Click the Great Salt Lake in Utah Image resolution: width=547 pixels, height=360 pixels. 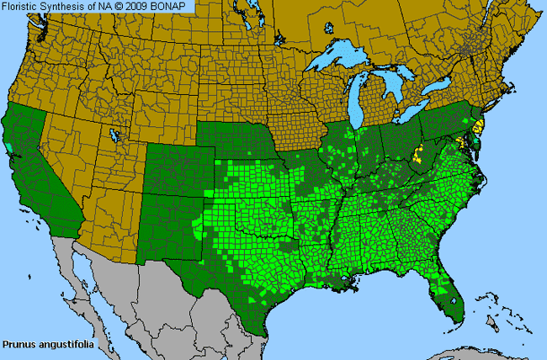pos(114,135)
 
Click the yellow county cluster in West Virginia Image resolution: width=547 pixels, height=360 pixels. pos(417,156)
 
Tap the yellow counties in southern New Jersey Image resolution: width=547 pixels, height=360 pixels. pos(478,128)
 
